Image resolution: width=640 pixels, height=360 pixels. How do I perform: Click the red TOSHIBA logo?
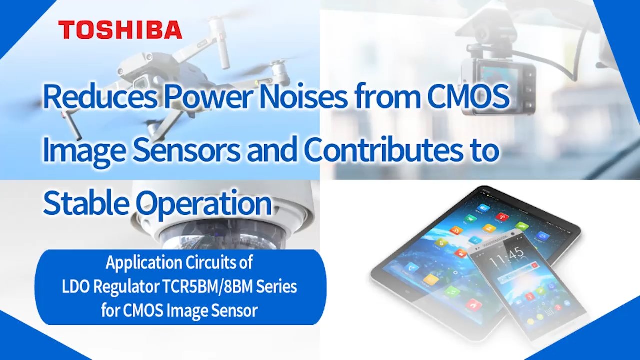[120, 30]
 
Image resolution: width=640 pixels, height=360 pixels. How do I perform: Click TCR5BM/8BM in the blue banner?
[208, 287]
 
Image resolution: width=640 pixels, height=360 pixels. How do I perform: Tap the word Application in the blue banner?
[144, 263]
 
